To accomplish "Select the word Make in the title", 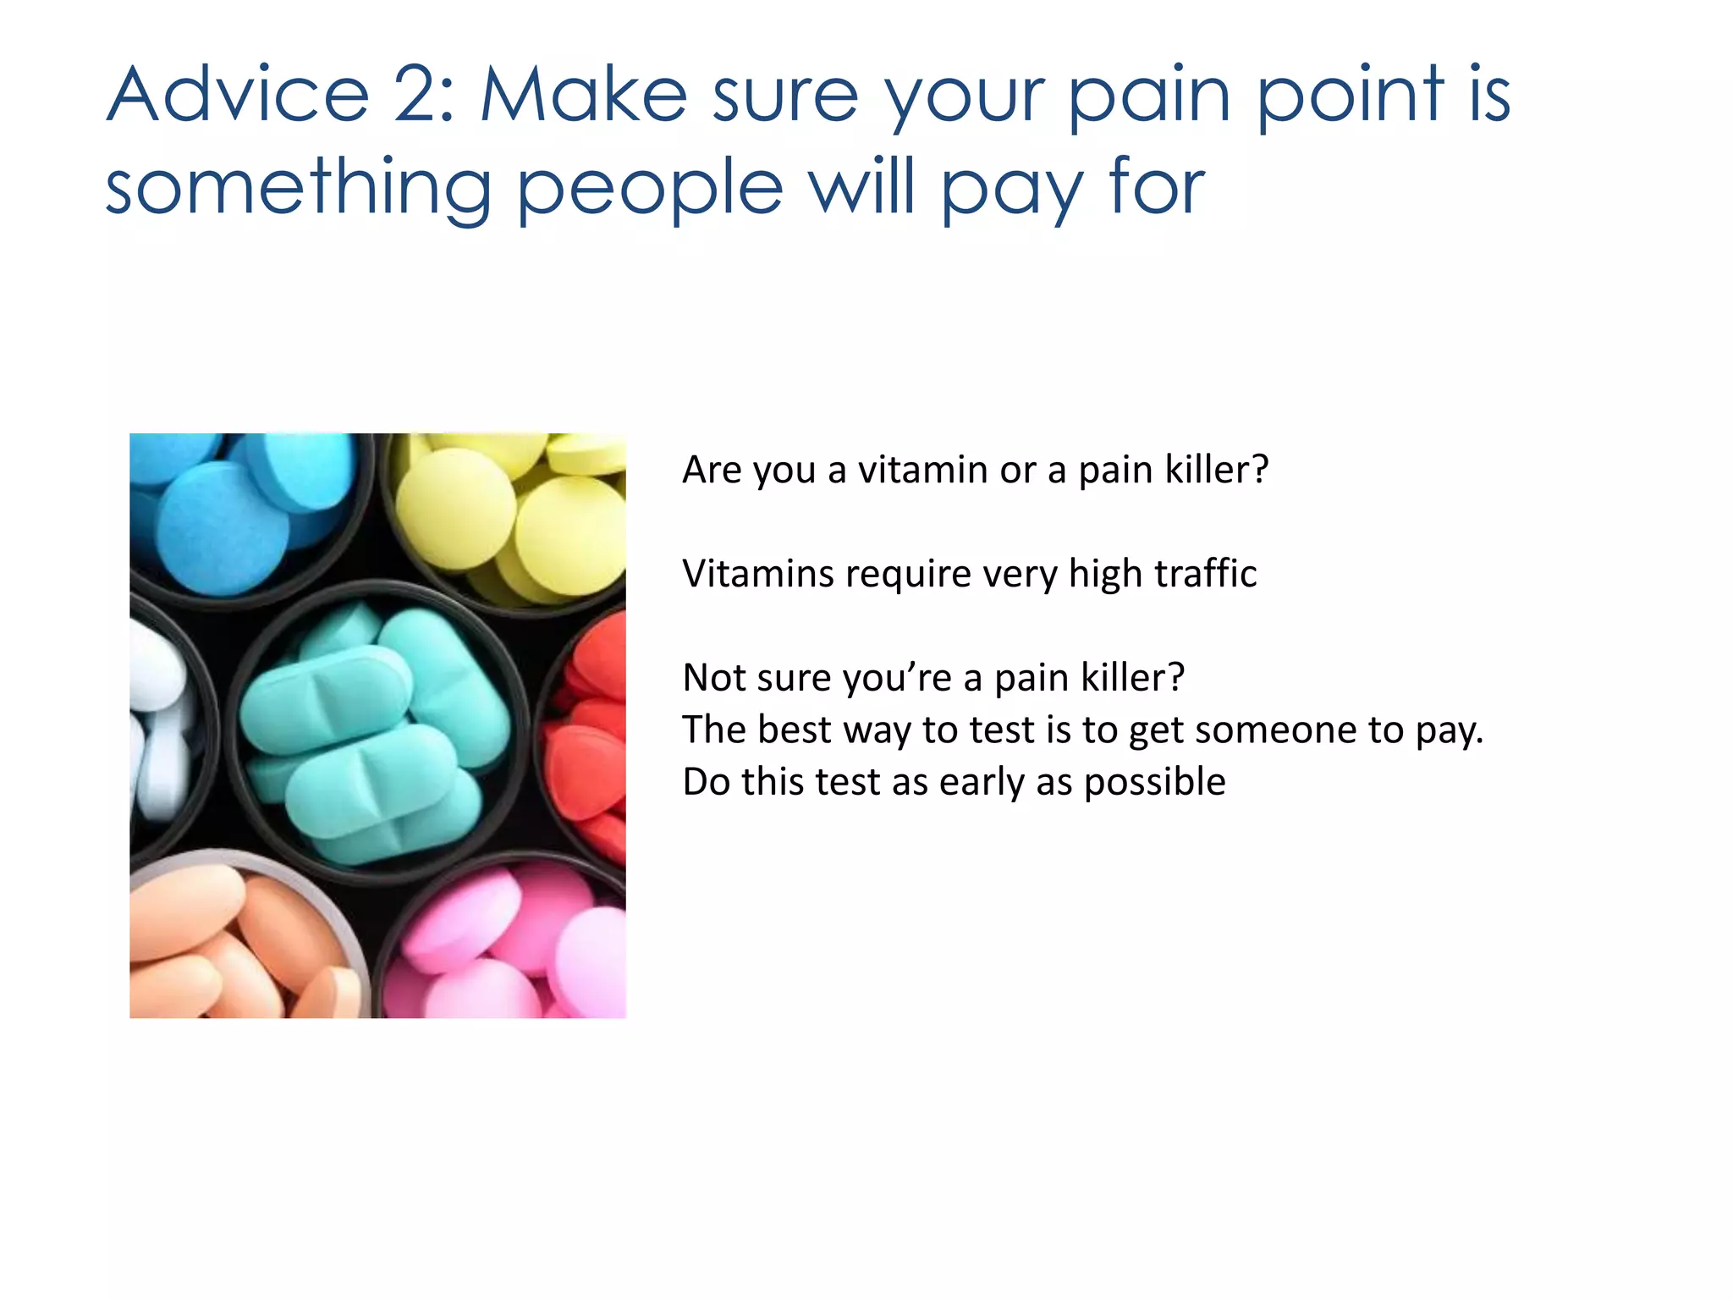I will point(584,95).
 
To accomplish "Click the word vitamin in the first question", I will point(922,470).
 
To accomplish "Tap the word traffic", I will point(1205,574).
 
